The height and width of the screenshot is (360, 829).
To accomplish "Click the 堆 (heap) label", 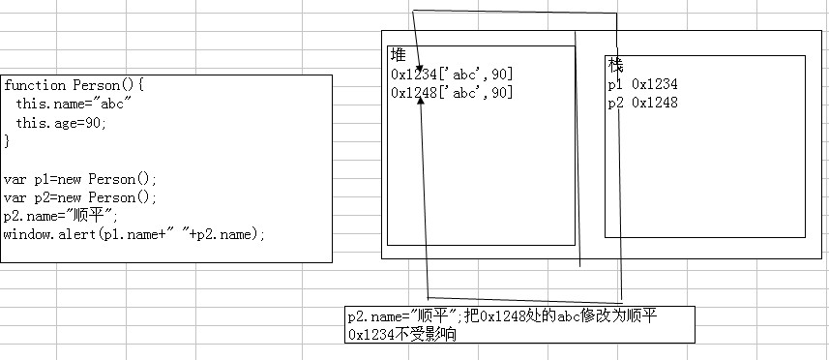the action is point(399,55).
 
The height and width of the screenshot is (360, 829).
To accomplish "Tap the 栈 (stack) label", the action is point(616,66).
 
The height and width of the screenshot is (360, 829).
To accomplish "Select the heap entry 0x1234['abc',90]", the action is point(452,74).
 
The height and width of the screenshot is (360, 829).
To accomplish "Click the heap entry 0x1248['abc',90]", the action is point(452,93).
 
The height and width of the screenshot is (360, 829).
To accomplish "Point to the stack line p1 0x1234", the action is point(643,84).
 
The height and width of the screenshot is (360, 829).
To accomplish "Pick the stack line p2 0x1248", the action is point(643,103).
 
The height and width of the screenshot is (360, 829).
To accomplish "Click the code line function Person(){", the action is point(74,85).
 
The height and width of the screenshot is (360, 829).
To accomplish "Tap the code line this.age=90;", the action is point(61,123).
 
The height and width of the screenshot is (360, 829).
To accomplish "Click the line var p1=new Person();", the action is point(80,179).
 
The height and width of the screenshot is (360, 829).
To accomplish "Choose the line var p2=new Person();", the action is point(80,197).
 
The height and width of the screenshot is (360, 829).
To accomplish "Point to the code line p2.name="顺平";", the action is point(61,216).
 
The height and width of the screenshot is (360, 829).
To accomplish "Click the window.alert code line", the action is point(134,235).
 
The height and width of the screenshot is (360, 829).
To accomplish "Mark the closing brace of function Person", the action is point(7,141).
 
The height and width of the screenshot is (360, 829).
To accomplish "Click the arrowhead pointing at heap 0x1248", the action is point(421,101).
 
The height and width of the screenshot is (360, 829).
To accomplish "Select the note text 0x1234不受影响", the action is point(402,334).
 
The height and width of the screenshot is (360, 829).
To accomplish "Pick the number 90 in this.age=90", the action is point(93,123).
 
